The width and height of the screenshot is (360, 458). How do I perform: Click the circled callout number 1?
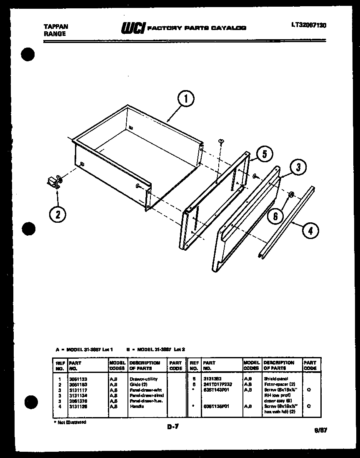(x=186, y=100)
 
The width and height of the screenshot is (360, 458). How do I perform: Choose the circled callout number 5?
(x=264, y=154)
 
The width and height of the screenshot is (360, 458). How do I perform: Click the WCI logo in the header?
(x=132, y=28)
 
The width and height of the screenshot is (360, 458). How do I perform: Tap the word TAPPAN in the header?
(x=56, y=26)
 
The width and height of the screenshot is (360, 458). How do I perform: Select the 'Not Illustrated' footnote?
(x=70, y=422)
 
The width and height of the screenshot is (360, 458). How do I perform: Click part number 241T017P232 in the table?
(x=217, y=384)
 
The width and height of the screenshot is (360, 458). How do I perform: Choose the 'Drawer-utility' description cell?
(x=143, y=379)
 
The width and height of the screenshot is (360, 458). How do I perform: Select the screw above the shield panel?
(x=220, y=142)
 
